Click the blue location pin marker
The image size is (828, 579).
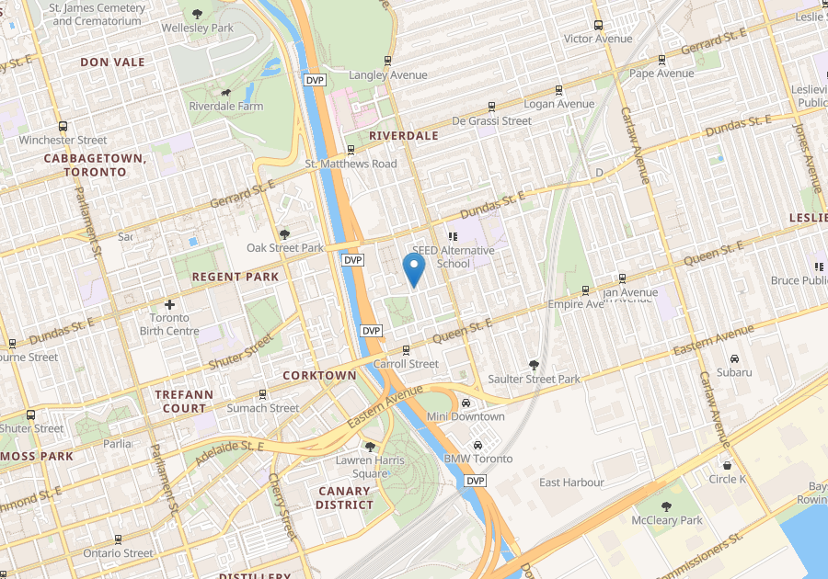coord(414,269)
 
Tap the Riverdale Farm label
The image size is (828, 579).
coord(225,107)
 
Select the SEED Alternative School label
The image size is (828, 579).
coord(453,256)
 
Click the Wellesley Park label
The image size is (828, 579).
coord(197,28)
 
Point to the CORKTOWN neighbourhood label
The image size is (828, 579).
coord(319,376)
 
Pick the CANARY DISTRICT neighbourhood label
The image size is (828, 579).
coord(344,498)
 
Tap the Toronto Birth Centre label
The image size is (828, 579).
coord(175,324)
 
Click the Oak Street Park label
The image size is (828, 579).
coord(285,248)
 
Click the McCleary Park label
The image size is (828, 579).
coord(667,520)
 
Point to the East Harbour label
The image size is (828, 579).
coord(571,482)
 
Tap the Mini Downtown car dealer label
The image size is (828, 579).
coord(466,416)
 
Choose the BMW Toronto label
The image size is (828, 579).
coord(477,459)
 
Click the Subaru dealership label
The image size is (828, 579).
coord(734,372)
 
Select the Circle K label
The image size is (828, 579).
coord(728,479)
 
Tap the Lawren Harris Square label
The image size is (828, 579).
coord(367,466)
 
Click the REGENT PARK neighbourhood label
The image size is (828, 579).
coord(235,277)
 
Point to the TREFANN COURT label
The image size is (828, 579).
coord(184,402)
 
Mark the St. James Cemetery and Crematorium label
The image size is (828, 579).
coord(97,14)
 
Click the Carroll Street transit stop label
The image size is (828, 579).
coord(406,364)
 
